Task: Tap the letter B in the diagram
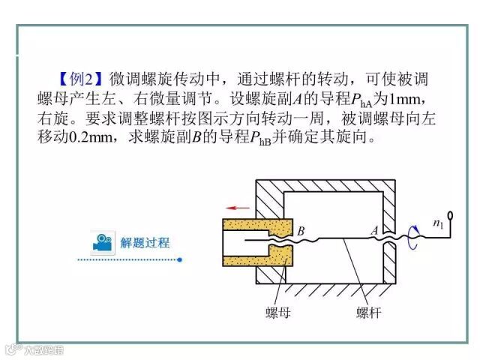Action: (x=301, y=232)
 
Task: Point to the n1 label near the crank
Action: (x=439, y=223)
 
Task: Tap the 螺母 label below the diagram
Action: (x=279, y=313)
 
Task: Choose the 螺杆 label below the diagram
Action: (x=367, y=313)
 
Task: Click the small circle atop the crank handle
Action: (x=450, y=214)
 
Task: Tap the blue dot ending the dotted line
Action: (x=180, y=259)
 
